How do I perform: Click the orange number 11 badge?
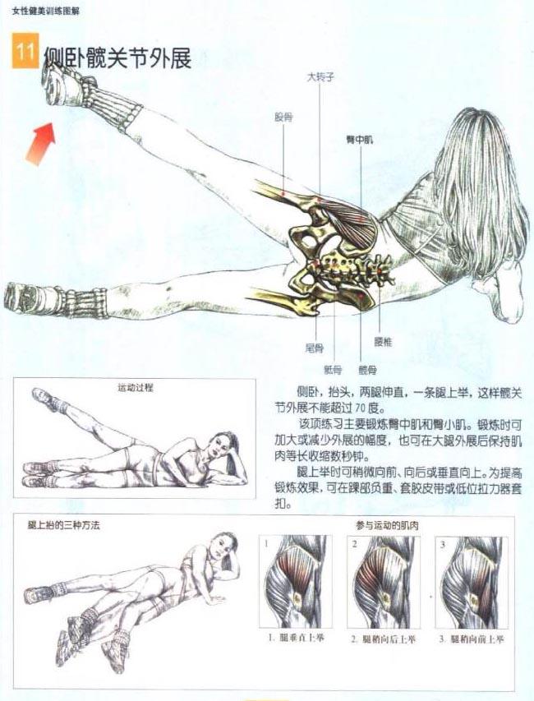[24, 51]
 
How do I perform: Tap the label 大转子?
[318, 77]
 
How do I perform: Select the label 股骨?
[283, 117]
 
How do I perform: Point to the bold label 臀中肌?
[359, 141]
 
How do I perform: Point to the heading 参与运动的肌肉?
[386, 524]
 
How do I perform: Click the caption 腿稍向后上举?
[383, 638]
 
